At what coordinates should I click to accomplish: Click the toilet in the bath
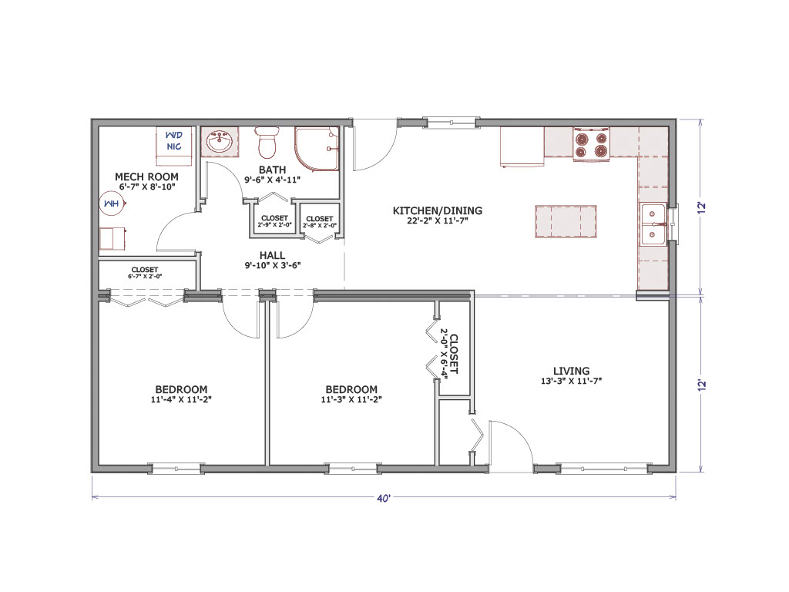(x=267, y=142)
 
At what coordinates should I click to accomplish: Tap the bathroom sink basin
(x=220, y=142)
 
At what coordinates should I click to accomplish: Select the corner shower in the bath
(x=317, y=149)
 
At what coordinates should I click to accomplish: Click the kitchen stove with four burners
(x=591, y=144)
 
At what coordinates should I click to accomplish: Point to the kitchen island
(x=566, y=221)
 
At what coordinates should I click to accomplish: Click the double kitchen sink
(x=653, y=224)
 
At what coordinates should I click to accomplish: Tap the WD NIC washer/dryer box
(x=173, y=146)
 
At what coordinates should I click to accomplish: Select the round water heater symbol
(x=112, y=203)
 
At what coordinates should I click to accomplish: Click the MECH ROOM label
(x=146, y=177)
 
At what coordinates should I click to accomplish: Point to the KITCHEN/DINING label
(x=438, y=210)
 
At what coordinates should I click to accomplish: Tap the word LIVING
(x=571, y=371)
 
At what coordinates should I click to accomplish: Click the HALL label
(x=272, y=255)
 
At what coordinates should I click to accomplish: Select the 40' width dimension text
(x=384, y=498)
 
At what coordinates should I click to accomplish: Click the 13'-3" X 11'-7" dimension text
(x=571, y=381)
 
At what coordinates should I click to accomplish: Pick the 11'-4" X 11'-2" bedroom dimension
(x=181, y=400)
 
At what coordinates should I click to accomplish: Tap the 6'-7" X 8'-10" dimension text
(x=146, y=187)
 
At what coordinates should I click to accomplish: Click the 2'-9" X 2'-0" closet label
(x=274, y=225)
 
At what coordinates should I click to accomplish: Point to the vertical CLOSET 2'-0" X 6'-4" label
(x=448, y=354)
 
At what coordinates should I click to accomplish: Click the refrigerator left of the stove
(x=522, y=146)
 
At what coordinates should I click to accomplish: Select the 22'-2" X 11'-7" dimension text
(x=438, y=220)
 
